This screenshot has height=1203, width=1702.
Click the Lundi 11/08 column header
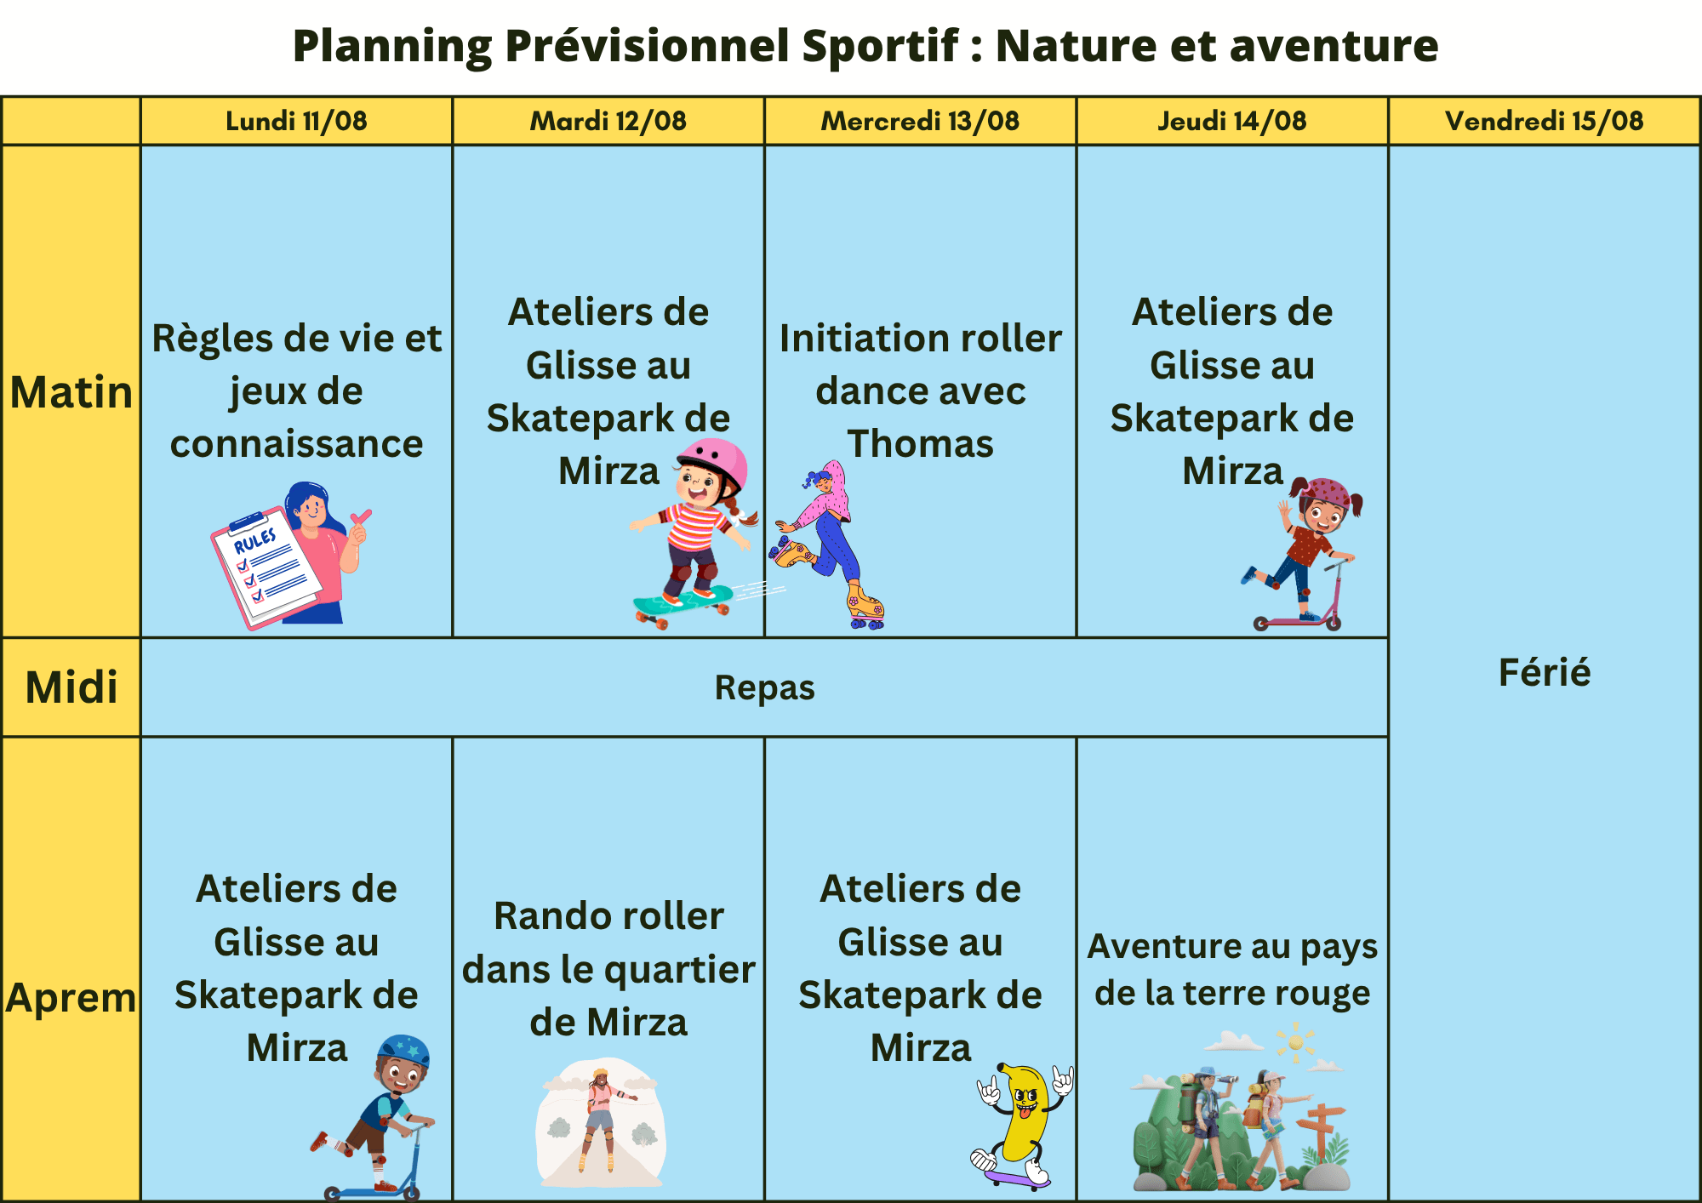coord(296,121)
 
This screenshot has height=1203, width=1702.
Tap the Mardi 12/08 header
coord(608,121)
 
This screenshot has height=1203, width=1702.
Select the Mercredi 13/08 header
coord(920,121)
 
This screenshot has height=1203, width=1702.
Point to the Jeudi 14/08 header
coord(1232,121)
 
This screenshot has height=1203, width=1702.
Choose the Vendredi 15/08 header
coord(1545,121)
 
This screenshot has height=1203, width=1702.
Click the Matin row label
coord(71,392)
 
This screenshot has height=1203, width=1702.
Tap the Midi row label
coord(71,687)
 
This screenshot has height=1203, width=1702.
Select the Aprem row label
coord(71,997)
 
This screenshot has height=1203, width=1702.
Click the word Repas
coord(764,687)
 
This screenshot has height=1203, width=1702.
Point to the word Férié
coord(1545,672)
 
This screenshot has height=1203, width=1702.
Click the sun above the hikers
coord(1295,1042)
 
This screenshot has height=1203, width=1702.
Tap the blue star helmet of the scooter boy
coord(404,1053)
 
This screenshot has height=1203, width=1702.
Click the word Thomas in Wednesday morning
coord(920,444)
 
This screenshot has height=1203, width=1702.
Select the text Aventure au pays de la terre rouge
coord(1232,970)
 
